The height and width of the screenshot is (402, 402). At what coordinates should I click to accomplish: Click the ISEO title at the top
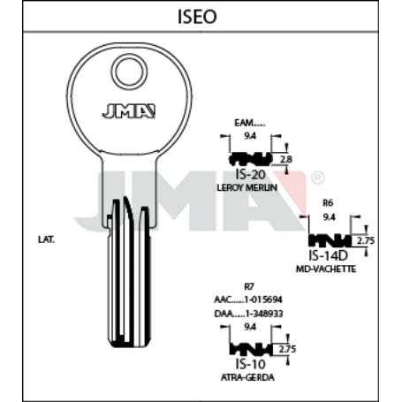coord(201,16)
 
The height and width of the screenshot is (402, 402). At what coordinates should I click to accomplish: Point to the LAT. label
coord(47,239)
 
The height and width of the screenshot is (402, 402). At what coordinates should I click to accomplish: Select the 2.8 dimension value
coord(285,159)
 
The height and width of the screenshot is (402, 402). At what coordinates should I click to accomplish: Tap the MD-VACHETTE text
coord(327,269)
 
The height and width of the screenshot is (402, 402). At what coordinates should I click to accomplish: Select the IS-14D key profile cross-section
coord(329,240)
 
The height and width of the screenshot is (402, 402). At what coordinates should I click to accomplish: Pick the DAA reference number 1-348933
coord(248,313)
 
